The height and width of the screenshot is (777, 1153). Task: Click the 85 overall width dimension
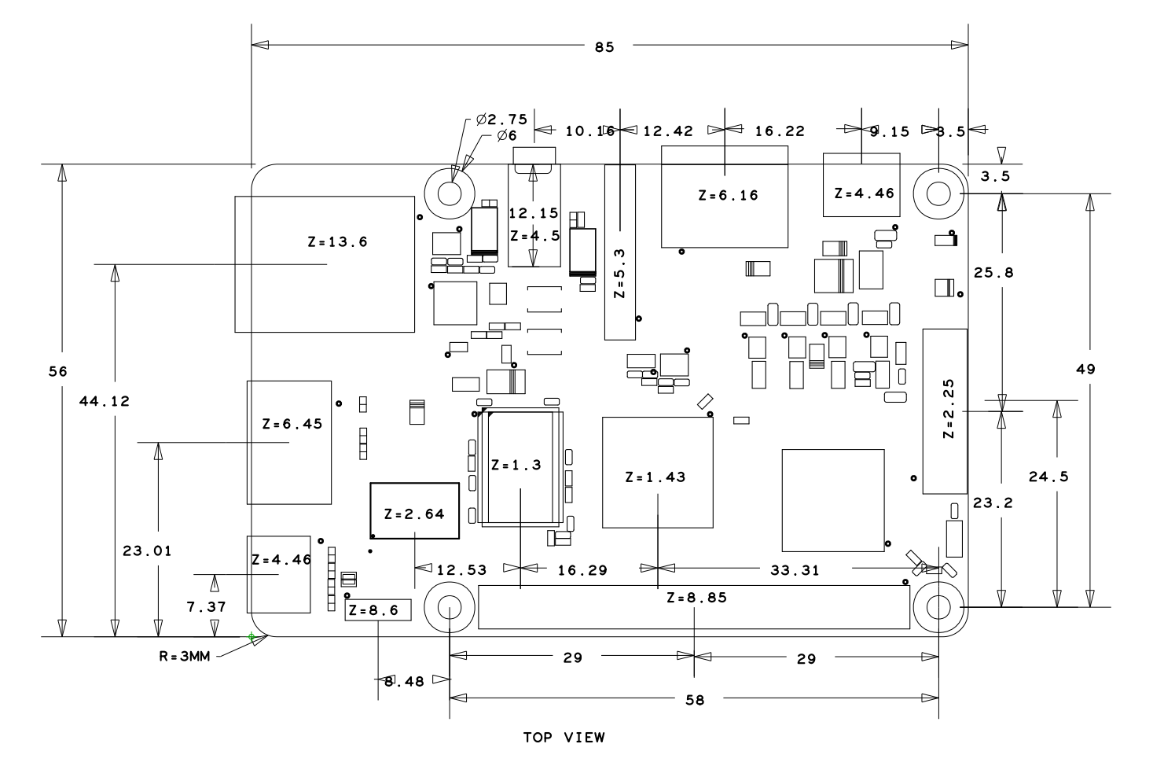pos(604,47)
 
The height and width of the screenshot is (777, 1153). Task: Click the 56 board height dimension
pos(57,371)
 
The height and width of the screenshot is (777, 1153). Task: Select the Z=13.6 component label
pos(337,242)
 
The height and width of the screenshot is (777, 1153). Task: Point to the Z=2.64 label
pos(414,514)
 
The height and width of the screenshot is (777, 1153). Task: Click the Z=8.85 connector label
pos(696,598)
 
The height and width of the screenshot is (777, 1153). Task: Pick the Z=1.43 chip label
pos(655,477)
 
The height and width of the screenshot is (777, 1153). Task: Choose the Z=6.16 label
pos(729,195)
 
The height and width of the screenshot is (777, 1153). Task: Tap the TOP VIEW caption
pos(564,738)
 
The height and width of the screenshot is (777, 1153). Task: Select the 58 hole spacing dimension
pos(695,700)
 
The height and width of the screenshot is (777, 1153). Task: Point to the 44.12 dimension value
pos(105,401)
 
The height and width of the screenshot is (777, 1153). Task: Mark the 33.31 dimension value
pos(793,571)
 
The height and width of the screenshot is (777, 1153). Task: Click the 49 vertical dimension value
pos(1085,370)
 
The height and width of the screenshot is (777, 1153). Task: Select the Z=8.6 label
pos(374,610)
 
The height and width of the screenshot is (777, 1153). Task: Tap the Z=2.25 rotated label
pos(949,409)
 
